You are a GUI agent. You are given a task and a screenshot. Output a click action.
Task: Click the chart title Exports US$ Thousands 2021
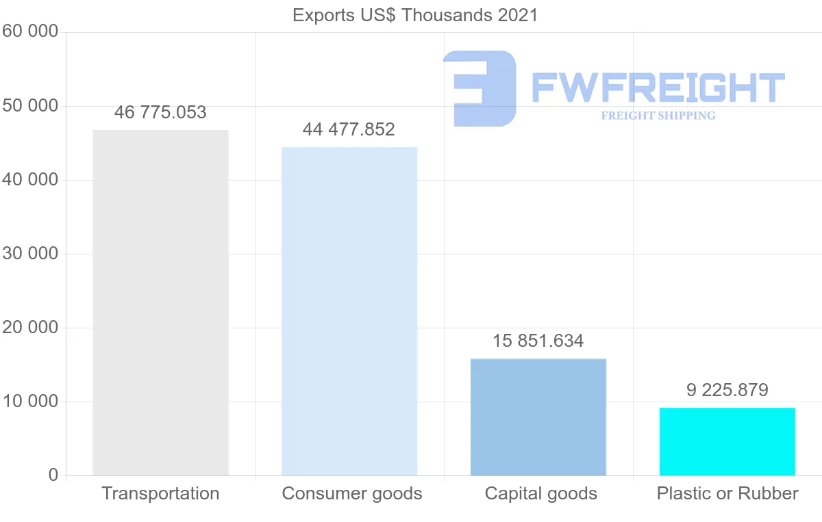[415, 15]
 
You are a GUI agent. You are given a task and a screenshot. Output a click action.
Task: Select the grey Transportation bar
[160, 302]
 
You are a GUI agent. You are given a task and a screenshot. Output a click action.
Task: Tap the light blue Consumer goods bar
[349, 311]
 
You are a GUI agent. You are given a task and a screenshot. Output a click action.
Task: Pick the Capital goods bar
[538, 417]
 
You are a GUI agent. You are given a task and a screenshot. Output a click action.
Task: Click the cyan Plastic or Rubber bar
[727, 441]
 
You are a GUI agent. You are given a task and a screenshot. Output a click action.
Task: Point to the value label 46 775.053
[160, 112]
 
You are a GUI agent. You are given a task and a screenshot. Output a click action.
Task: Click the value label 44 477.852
[349, 129]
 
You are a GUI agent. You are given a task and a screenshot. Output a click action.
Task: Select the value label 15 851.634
[538, 341]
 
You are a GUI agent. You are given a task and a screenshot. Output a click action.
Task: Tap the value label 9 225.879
[727, 390]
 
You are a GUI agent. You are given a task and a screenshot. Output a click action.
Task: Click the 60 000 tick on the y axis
[29, 32]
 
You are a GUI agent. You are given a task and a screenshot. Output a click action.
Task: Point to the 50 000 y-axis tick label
[29, 106]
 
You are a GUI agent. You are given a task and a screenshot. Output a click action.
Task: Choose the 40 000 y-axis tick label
[29, 180]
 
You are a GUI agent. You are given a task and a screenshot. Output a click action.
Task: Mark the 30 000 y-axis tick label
[29, 254]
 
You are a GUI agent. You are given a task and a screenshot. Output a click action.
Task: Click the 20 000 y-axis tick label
[29, 328]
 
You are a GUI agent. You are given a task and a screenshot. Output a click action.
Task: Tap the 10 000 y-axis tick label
[29, 402]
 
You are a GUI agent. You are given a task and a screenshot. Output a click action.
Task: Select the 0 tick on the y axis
[53, 475]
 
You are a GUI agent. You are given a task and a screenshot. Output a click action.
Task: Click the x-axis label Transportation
[160, 493]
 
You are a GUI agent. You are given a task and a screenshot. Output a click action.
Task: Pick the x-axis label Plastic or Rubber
[727, 493]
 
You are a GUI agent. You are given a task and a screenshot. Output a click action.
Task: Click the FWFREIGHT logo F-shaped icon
[480, 88]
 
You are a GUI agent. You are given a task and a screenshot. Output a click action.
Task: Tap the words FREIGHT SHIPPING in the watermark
[658, 116]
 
